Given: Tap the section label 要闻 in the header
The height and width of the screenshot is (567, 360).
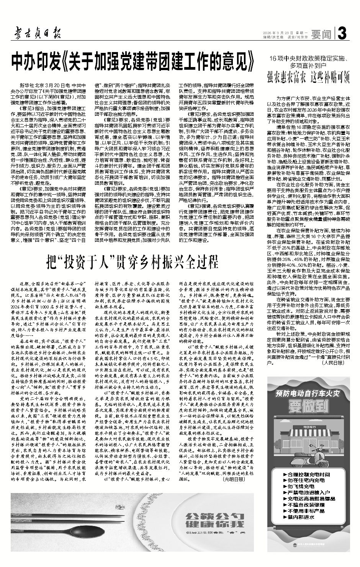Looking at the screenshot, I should [x=321, y=34].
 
